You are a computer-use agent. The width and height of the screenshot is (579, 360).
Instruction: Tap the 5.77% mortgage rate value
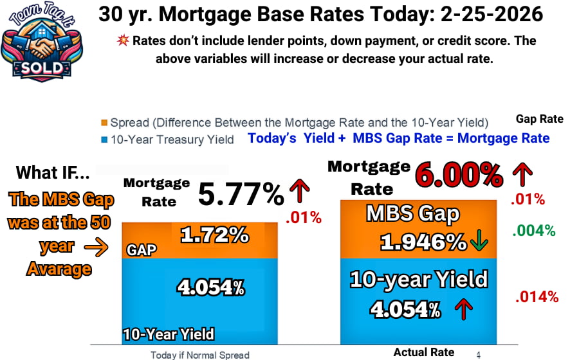coord(241,194)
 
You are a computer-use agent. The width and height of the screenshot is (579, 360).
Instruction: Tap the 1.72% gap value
coord(214,235)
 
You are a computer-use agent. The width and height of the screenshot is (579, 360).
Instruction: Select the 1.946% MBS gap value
coord(423,242)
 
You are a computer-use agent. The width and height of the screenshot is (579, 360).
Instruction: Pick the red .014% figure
coord(536,296)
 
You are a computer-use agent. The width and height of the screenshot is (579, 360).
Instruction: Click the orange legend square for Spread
coord(104,123)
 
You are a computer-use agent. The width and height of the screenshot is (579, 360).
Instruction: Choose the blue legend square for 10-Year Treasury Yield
coord(104,139)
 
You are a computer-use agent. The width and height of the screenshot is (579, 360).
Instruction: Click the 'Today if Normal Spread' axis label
coord(199,354)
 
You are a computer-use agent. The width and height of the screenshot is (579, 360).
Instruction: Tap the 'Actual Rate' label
coord(423,352)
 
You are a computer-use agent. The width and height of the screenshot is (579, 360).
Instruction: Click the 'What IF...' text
coord(53,172)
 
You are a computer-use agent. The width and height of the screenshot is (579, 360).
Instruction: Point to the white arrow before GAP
coord(100,245)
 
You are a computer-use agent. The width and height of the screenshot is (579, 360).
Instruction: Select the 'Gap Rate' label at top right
coord(539,119)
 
